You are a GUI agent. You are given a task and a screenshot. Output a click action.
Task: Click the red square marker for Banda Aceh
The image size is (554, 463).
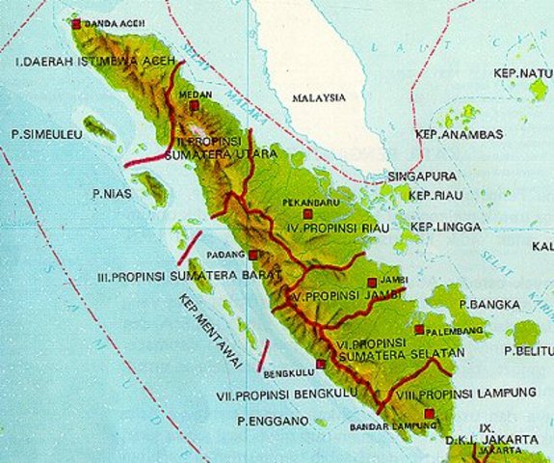pyautogui.click(x=77, y=22)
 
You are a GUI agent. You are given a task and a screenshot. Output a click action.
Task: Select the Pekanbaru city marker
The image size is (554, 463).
pyautogui.click(x=307, y=214)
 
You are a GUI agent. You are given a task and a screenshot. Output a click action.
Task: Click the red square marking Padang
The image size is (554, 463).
pyautogui.click(x=252, y=256)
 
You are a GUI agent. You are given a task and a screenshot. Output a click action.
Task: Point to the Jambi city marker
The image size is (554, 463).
pyautogui.click(x=372, y=283)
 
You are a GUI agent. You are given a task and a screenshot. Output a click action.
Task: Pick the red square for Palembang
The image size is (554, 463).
pyautogui.click(x=418, y=329)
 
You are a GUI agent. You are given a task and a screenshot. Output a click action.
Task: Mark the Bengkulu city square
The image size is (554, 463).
pyautogui.click(x=321, y=364)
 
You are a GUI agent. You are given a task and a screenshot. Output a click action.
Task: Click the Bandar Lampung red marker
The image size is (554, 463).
pyautogui.click(x=429, y=414)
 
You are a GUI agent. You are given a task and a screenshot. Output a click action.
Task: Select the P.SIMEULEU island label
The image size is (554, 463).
pyautogui.click(x=43, y=132)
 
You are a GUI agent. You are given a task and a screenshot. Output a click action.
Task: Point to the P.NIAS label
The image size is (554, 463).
pyautogui.click(x=112, y=194)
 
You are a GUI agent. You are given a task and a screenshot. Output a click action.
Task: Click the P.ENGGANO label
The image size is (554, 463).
pyautogui.click(x=273, y=422)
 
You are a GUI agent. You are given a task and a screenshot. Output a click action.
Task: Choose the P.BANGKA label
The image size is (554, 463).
pyautogui.click(x=489, y=305)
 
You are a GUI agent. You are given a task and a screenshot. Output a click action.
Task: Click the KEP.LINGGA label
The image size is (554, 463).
pyautogui.click(x=442, y=227)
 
